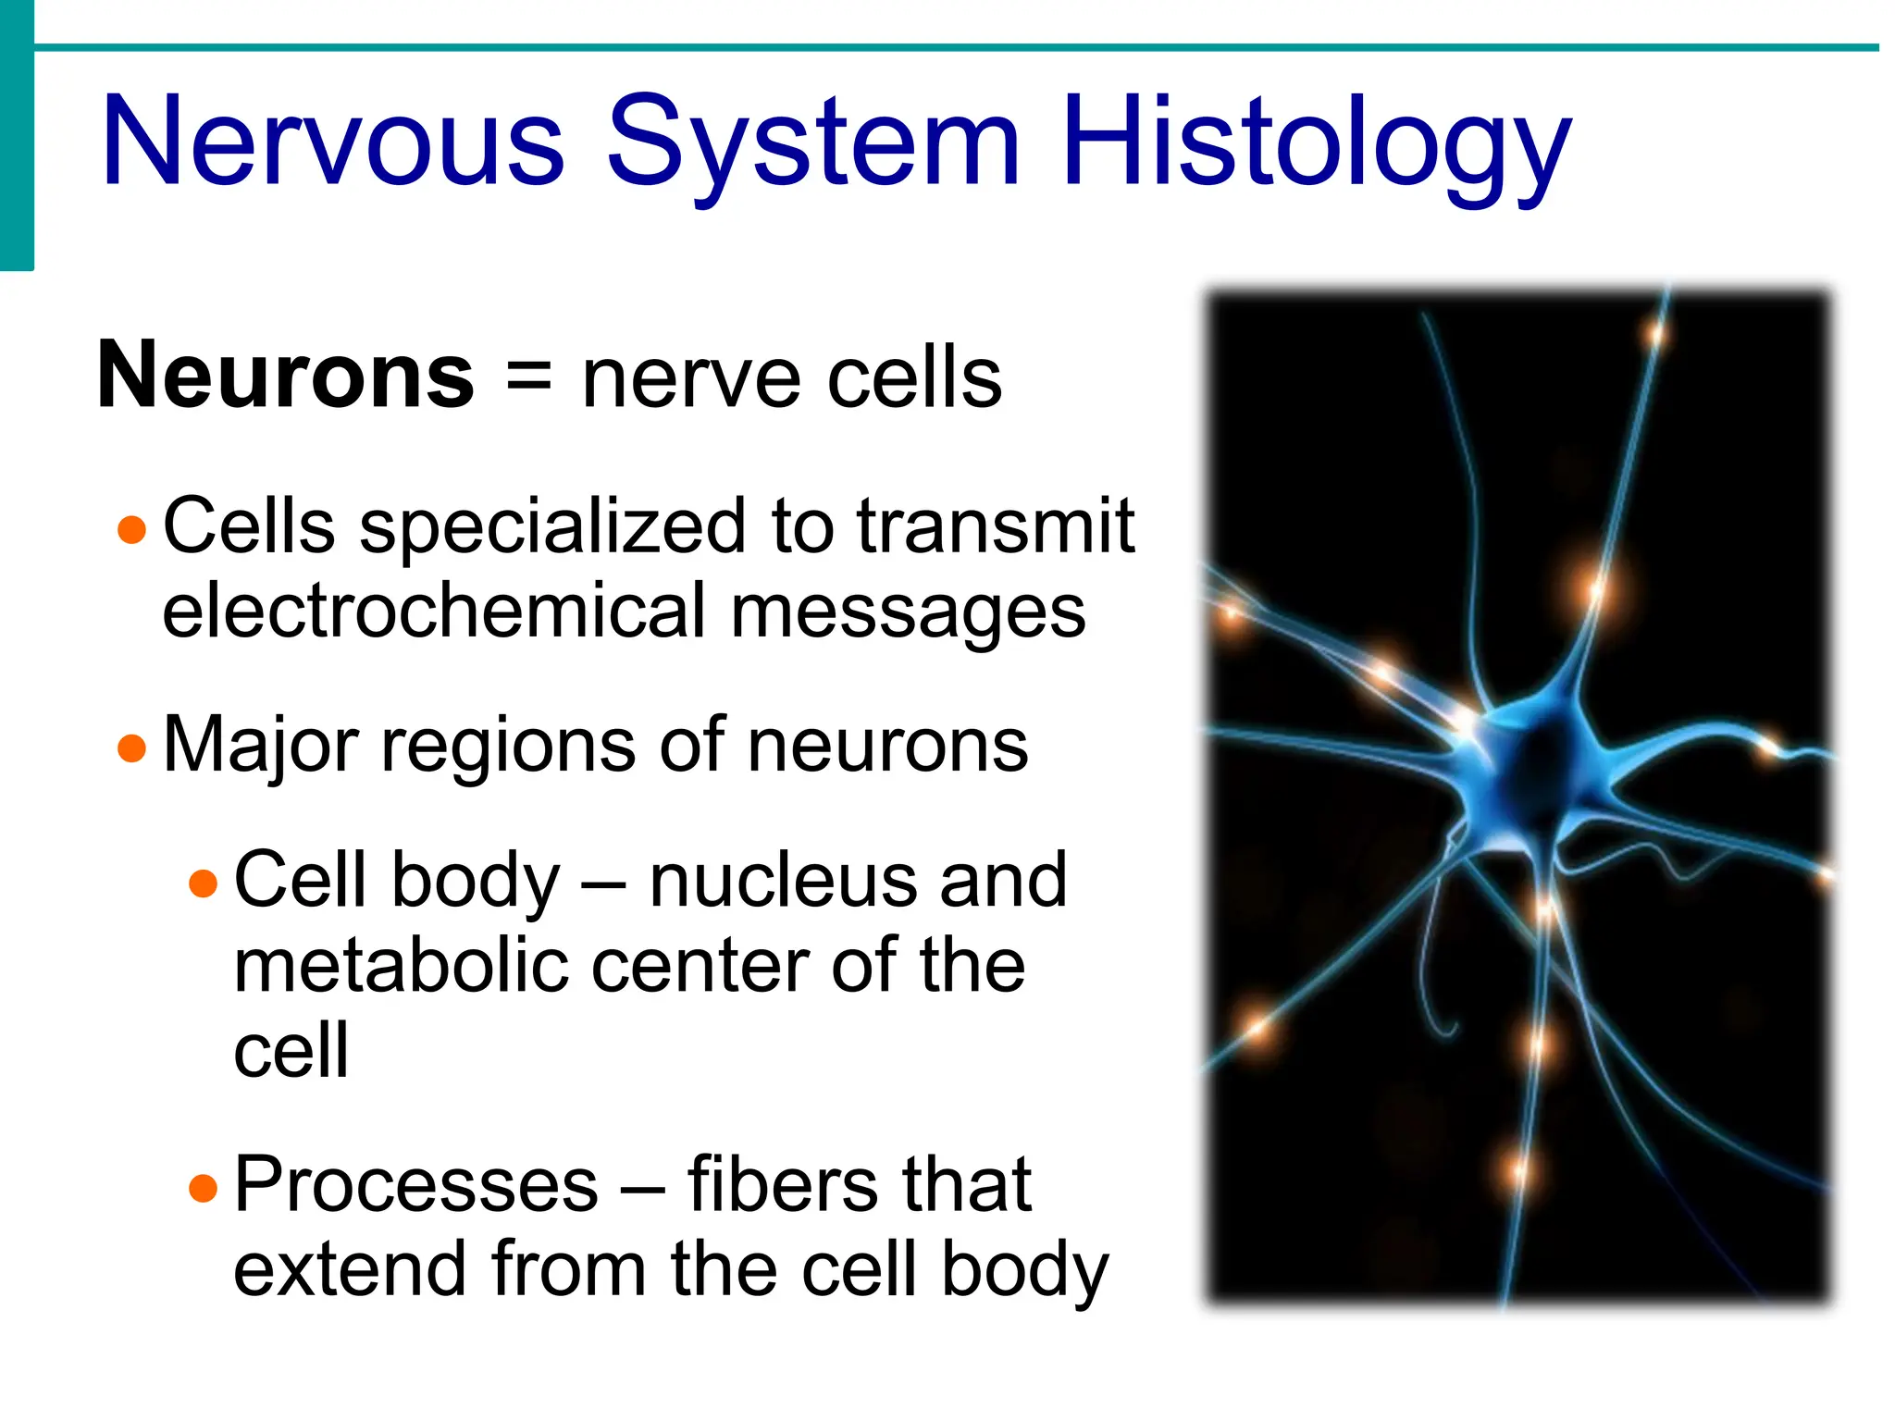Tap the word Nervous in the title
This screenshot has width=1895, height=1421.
(x=333, y=143)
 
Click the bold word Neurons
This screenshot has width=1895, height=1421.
(x=286, y=376)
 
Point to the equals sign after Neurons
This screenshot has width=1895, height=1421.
(x=528, y=377)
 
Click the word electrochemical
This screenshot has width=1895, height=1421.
(x=434, y=611)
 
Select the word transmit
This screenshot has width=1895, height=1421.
(x=996, y=525)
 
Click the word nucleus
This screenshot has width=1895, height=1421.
(x=783, y=881)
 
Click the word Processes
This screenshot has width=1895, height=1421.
(x=416, y=1184)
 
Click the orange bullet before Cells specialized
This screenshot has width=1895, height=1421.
(x=132, y=529)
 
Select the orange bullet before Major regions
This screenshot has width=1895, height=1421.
(x=132, y=748)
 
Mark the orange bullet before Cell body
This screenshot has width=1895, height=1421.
(x=203, y=883)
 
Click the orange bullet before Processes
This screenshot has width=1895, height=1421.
(x=203, y=1187)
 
